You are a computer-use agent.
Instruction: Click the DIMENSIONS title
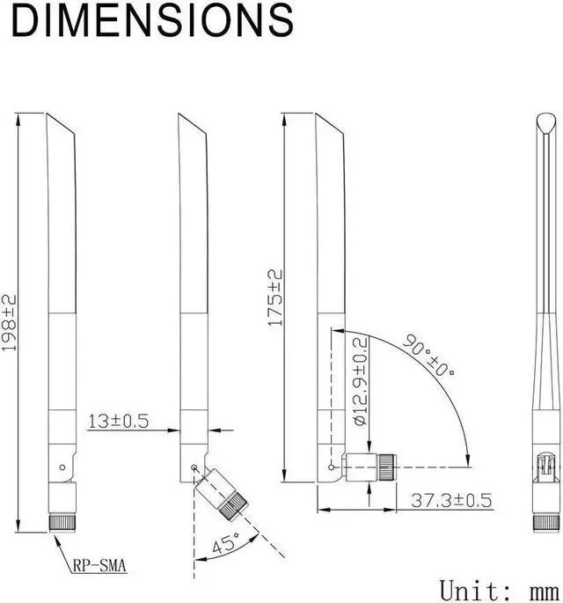(152, 20)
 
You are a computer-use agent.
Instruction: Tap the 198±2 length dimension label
(10, 323)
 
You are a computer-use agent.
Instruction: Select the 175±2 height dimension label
(275, 298)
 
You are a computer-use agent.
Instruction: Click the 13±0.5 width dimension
(119, 421)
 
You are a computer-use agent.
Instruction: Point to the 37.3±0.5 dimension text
(451, 500)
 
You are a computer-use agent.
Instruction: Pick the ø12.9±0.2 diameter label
(361, 381)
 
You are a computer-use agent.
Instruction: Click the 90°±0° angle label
(428, 355)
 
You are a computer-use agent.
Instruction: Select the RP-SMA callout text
(99, 565)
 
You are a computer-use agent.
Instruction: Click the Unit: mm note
(499, 591)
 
